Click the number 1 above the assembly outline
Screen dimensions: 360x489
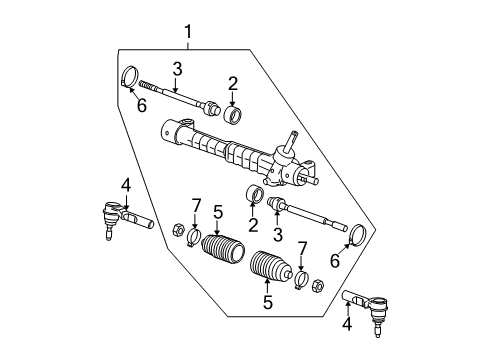click(187, 34)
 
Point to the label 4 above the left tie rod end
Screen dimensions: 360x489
click(126, 185)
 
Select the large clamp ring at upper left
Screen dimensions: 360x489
click(130, 77)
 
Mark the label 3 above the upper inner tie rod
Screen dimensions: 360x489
click(176, 67)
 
